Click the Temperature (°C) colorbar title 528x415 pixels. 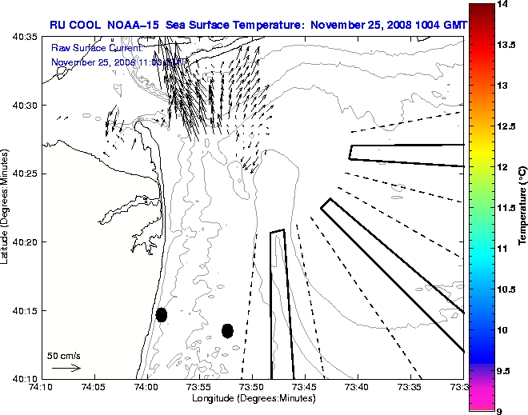(x=522, y=207)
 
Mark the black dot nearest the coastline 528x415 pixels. (x=162, y=314)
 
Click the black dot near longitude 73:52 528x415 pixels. (x=227, y=330)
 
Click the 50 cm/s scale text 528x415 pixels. (x=64, y=356)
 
